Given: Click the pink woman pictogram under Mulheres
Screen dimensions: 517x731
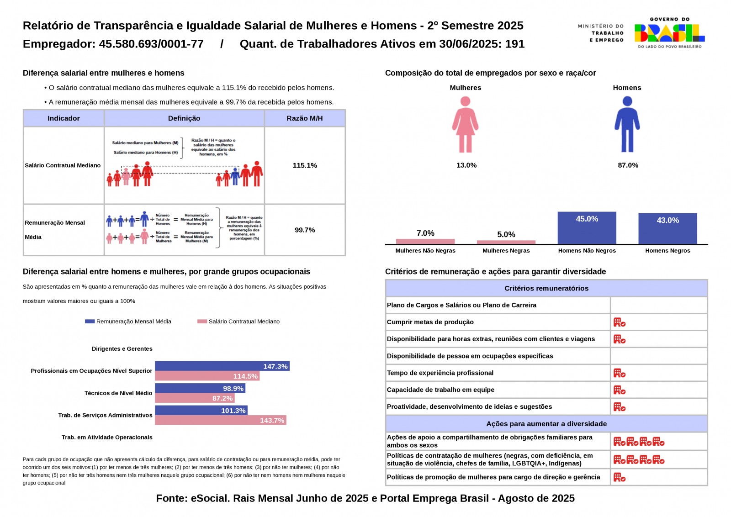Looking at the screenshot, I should (465, 125).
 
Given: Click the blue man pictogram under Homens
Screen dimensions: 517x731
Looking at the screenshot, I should (627, 125).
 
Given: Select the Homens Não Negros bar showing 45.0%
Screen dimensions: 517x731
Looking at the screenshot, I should (587, 228).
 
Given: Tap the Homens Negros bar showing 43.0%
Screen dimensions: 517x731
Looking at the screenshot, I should (667, 229).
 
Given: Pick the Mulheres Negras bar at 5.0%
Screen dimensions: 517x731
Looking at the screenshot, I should (506, 242).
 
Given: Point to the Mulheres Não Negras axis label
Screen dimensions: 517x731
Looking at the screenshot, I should (425, 251).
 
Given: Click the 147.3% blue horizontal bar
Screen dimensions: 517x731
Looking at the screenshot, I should (222, 366).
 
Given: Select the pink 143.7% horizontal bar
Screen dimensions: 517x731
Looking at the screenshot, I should (221, 420).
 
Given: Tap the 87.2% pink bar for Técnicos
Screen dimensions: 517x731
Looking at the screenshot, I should (195, 398).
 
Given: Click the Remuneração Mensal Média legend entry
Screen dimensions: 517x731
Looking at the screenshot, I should (128, 322).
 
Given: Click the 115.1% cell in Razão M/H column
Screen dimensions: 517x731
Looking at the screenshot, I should (305, 165).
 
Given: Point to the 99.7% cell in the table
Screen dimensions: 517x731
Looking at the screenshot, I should (305, 230).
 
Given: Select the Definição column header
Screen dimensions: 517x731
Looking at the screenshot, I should (184, 118).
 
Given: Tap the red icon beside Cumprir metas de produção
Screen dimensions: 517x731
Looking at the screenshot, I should (619, 322).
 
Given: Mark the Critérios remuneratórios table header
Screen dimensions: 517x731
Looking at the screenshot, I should (546, 288).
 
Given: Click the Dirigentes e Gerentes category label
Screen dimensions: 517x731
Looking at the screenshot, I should (122, 349).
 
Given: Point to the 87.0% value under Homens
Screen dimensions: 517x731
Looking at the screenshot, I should (628, 165).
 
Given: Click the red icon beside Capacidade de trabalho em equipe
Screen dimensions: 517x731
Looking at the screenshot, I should (619, 390).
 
